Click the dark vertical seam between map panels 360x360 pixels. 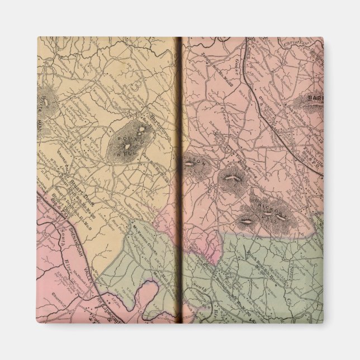(x=179, y=179)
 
